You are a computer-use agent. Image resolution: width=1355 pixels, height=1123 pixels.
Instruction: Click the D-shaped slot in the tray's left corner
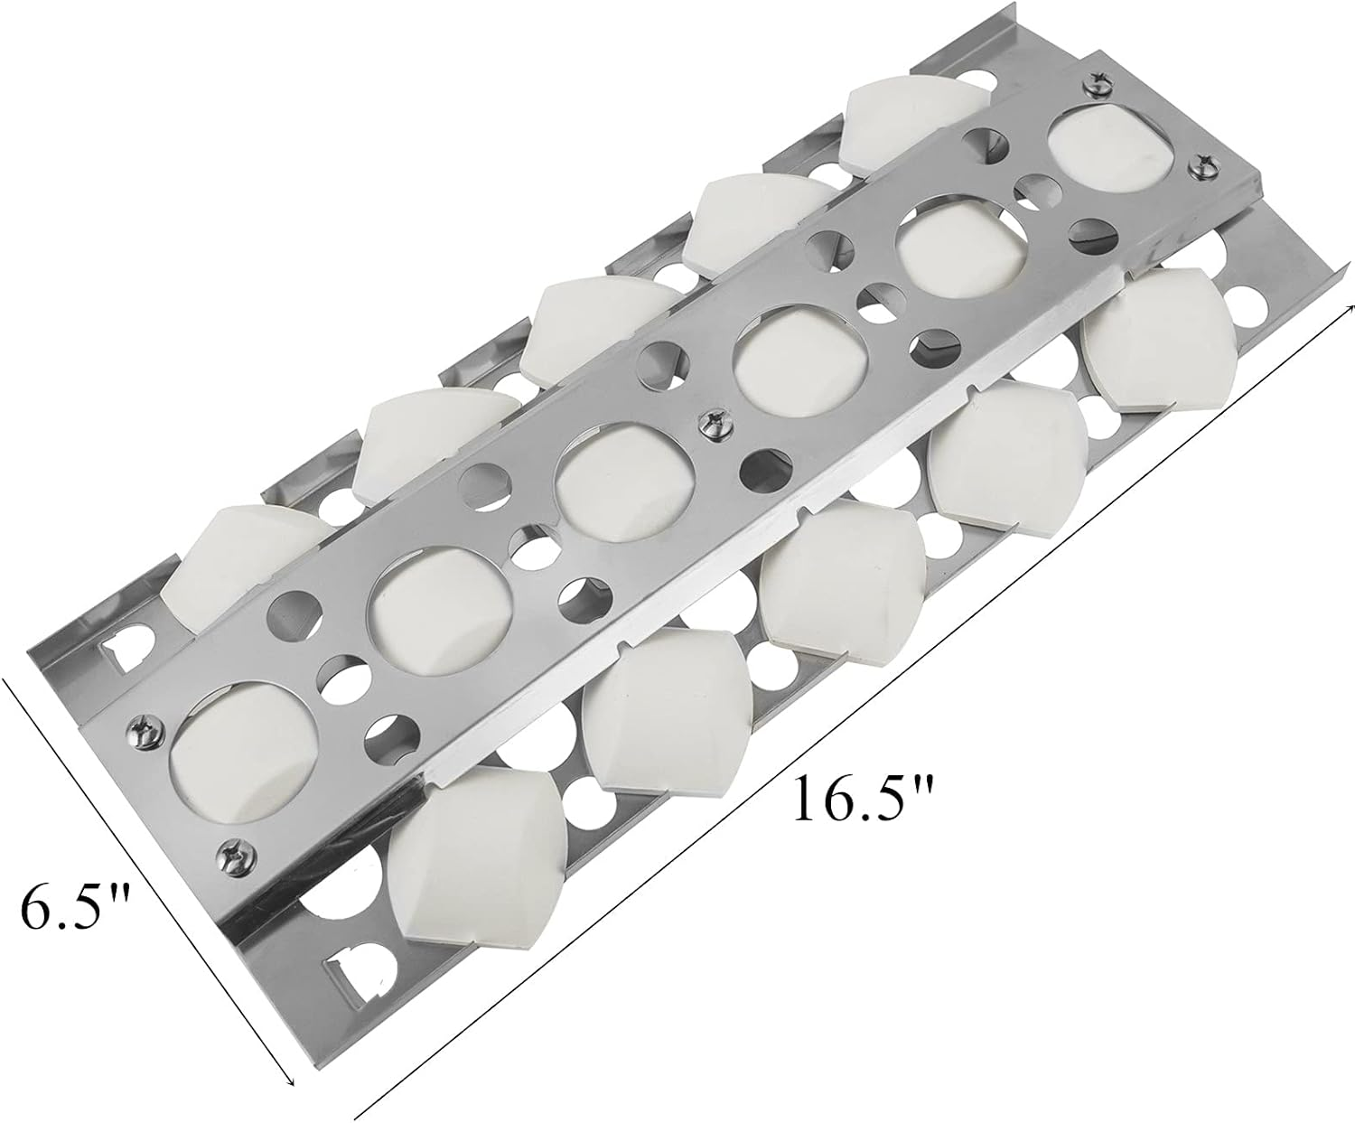coord(124,644)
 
